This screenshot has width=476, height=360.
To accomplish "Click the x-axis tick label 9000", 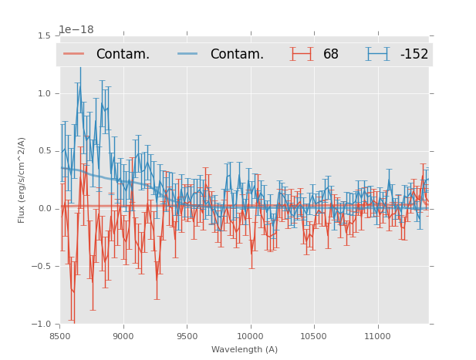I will (x=123, y=337).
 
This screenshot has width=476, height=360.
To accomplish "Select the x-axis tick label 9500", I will (x=187, y=337).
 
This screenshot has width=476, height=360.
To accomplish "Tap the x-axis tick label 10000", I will (x=250, y=337).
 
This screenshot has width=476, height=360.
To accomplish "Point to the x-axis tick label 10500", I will (x=313, y=337).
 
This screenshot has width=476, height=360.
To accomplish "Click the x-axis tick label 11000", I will (x=376, y=337).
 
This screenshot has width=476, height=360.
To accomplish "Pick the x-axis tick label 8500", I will (x=60, y=337).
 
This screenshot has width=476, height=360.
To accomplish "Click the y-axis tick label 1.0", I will (x=46, y=93).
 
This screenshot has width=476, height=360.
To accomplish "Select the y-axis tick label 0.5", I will (x=46, y=151).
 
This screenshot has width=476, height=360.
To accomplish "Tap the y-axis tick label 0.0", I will (x=46, y=209).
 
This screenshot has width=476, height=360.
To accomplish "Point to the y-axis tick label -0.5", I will (x=43, y=267).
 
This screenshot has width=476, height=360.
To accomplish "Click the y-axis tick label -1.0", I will (x=43, y=325).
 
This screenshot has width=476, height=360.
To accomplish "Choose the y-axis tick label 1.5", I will (x=46, y=36).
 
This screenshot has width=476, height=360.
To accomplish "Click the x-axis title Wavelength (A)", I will (x=245, y=349).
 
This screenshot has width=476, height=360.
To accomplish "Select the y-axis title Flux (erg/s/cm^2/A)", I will (x=22, y=180).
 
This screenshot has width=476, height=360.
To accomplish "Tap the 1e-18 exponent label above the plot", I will (x=77, y=30).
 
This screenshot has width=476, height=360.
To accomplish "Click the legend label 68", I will (x=331, y=54).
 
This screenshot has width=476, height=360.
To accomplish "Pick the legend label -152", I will (x=414, y=54).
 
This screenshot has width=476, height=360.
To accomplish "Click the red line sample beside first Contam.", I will (x=74, y=54).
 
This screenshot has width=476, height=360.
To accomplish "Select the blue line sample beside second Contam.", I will (x=188, y=54).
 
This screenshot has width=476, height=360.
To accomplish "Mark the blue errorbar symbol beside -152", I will (x=378, y=54).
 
